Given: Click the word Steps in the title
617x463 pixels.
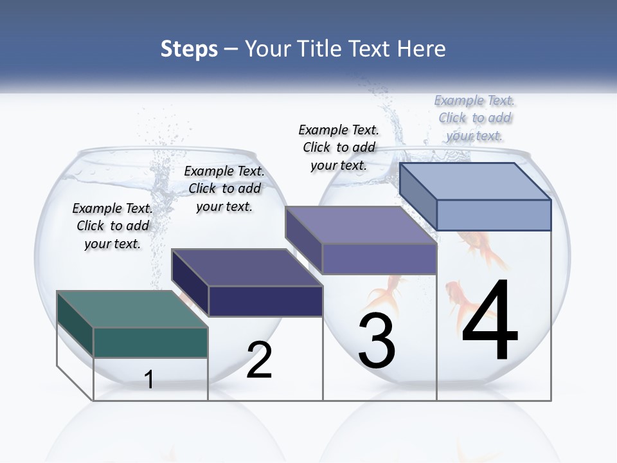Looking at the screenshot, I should (x=189, y=50).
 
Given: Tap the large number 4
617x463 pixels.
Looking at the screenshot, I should (x=490, y=320).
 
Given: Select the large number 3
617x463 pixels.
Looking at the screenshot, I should (x=377, y=341).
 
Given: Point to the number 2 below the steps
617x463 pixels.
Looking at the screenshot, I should (x=259, y=360).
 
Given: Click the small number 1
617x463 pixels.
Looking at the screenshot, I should (x=149, y=379).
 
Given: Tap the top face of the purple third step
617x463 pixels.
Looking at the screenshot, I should (x=361, y=225).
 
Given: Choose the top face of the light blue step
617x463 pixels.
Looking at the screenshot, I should (x=476, y=181).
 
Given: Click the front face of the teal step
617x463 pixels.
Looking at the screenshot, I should (x=150, y=342).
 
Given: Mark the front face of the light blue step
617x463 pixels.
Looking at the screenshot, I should (x=494, y=215).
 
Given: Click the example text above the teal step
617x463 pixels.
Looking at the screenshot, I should (x=112, y=226).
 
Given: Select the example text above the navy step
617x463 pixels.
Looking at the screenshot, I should (x=224, y=188).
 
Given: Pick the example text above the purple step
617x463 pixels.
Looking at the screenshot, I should (x=339, y=147).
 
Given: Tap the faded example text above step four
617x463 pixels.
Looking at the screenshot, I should (x=475, y=118).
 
